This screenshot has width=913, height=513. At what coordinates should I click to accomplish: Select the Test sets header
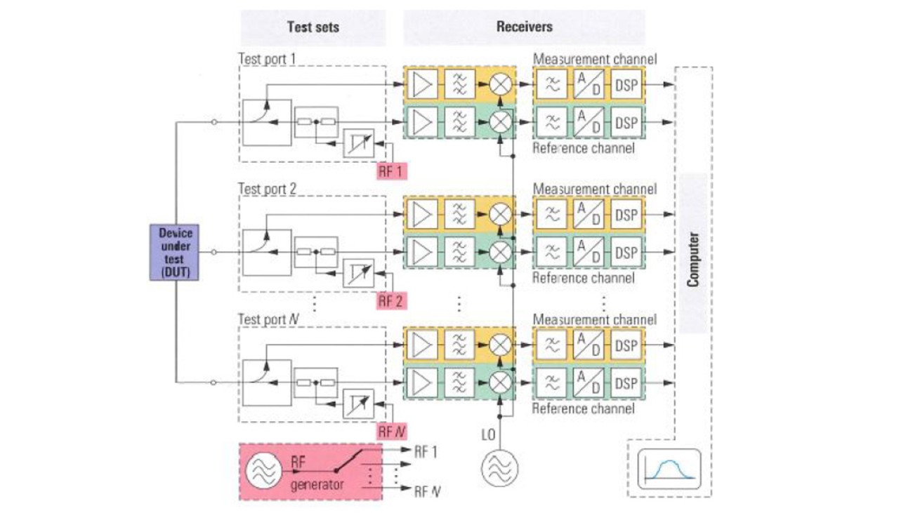coord(313,27)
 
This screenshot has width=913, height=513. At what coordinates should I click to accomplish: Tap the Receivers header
coord(524,27)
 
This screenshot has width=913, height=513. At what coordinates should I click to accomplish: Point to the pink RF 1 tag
coord(391,170)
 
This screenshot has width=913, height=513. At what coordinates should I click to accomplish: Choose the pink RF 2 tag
coord(391,301)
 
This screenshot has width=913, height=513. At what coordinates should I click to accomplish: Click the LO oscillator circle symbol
coord(499,465)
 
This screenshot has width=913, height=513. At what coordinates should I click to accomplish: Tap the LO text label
coord(489,435)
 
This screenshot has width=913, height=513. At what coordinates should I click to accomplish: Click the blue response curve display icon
coord(669,468)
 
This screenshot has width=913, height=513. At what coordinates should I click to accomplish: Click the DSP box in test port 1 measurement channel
coord(626,85)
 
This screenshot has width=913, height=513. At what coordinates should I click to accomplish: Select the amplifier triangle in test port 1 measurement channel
coord(423,85)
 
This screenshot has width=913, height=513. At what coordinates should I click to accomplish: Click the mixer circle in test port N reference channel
coord(500,382)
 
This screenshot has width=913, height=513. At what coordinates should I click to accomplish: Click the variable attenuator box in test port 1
coord(358,143)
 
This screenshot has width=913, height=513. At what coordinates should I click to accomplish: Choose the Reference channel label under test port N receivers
coord(583,408)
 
